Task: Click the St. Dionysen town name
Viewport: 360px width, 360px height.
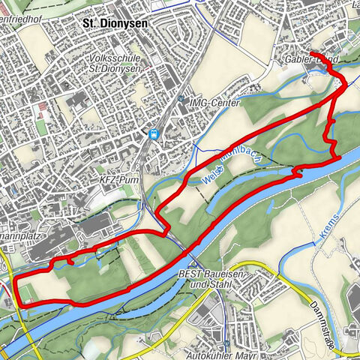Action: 114,23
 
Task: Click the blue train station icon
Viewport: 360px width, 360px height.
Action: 154,134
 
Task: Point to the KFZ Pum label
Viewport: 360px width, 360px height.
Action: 115,181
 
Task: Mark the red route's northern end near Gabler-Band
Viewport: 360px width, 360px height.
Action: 310,52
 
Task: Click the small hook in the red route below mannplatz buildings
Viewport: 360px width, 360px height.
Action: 69,262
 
